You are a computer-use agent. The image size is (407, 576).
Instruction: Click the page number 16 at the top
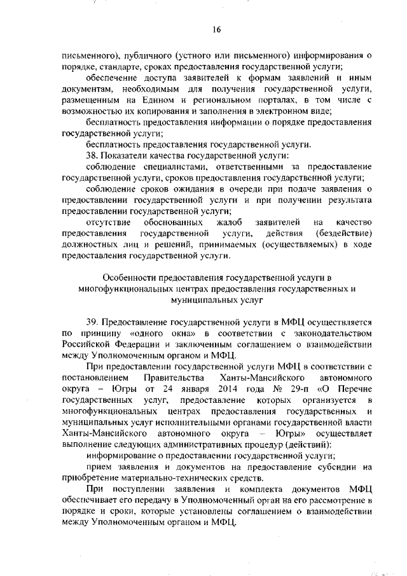pyautogui.click(x=216, y=29)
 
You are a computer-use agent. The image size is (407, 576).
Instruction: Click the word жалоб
pyautogui.click(x=222, y=222)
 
